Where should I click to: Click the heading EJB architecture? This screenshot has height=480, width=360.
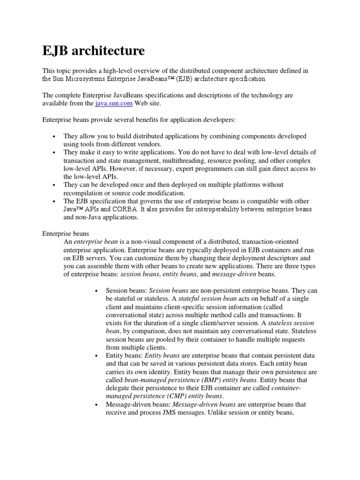pyautogui.click(x=94, y=50)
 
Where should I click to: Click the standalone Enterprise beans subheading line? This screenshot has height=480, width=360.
pyautogui.click(x=66, y=233)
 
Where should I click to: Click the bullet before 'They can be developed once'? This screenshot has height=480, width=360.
pyautogui.click(x=55, y=185)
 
